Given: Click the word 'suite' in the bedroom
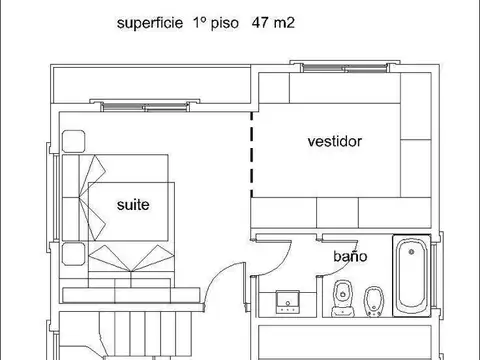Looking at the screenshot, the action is point(133,205).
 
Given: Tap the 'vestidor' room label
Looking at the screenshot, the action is point(335,141).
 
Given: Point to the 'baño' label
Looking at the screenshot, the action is point(350,256).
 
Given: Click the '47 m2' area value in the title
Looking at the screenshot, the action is point(273,23).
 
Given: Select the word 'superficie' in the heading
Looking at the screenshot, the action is point(150,23).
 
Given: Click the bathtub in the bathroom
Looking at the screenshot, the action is point(412,276).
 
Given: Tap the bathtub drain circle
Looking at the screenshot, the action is point(412,252).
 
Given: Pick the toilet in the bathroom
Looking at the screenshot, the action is point(342,298).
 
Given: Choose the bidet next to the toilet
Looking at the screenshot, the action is point(374,301).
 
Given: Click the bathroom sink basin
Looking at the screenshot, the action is point(288,302).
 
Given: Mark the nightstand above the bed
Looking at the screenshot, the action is point(73,141).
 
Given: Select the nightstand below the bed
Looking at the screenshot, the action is point(73,254).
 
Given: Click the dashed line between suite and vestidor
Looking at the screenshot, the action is point(252,155).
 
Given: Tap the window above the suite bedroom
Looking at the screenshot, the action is point(145,106).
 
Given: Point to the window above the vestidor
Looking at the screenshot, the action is point(345,68).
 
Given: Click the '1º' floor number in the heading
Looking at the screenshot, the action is point(199,23).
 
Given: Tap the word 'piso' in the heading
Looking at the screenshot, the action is point(225,23).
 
